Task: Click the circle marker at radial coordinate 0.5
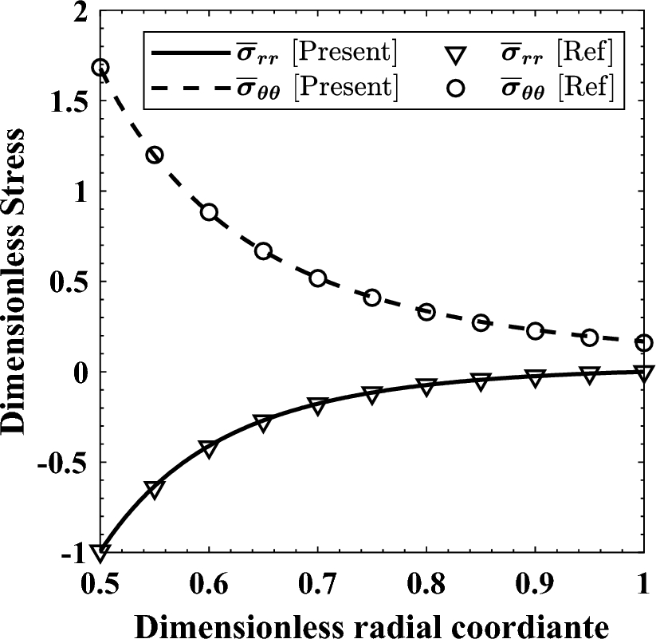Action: (x=100, y=68)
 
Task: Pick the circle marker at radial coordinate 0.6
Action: (x=209, y=212)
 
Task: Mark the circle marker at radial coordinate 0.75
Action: (x=372, y=298)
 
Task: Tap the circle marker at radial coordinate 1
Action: (x=644, y=343)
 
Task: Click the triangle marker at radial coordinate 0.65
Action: (x=263, y=422)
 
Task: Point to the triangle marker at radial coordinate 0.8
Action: (x=426, y=387)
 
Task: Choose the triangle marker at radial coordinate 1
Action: (x=644, y=373)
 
